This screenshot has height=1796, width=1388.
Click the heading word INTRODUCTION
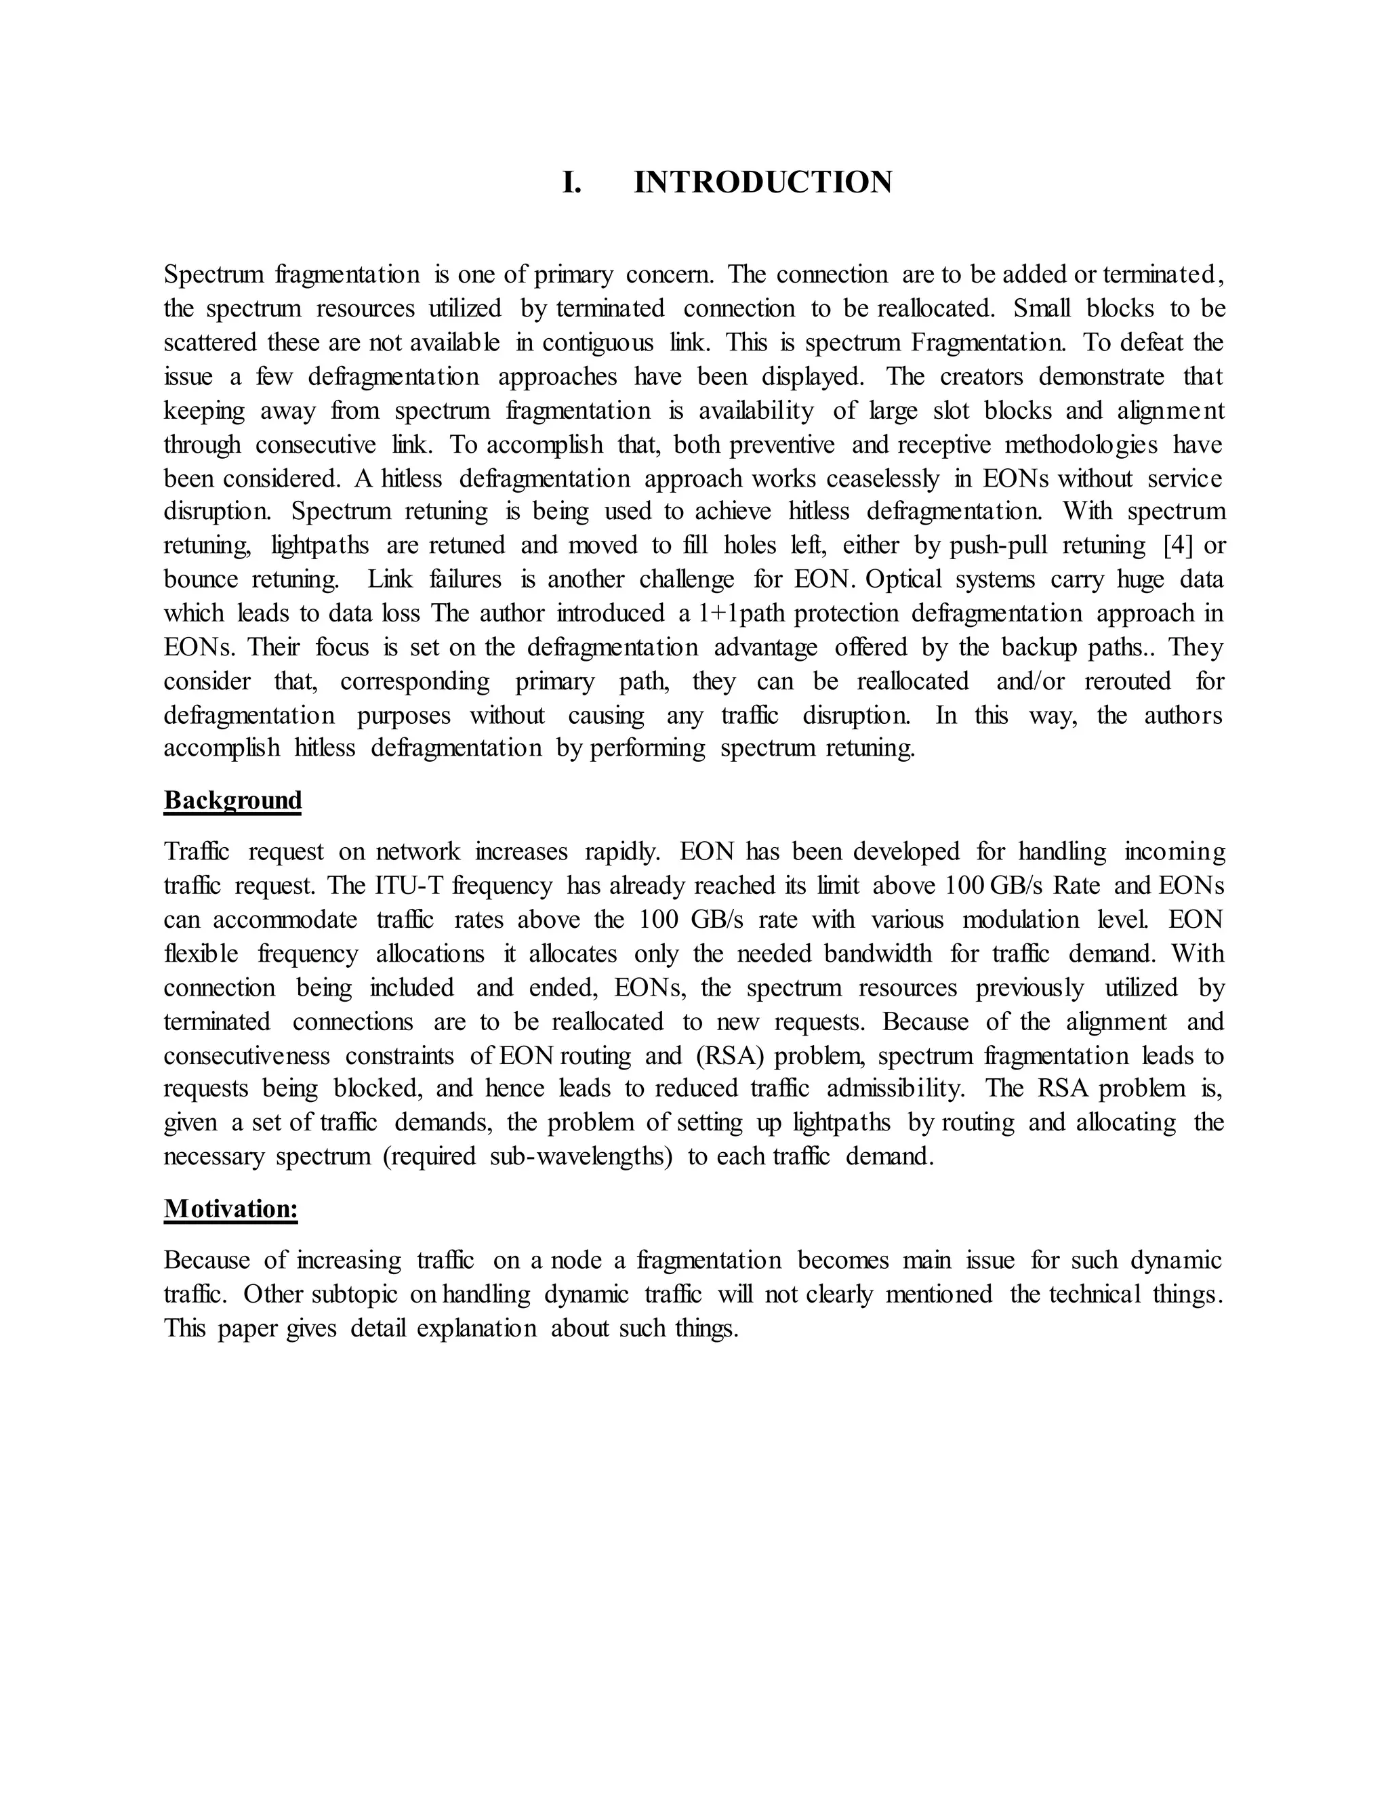pos(762,182)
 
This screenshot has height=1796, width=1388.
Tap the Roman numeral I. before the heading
pos(571,182)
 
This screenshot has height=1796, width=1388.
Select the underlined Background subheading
pos(232,800)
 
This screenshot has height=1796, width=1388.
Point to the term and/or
pos(1030,682)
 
